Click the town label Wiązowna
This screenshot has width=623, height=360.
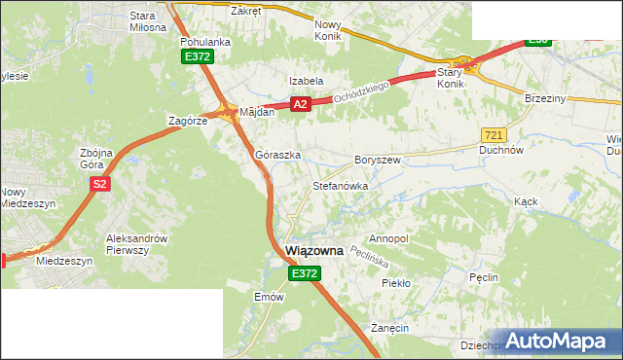[314, 251]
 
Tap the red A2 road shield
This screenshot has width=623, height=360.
[300, 104]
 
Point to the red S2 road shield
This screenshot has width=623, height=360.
[99, 183]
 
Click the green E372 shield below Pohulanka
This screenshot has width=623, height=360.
[196, 57]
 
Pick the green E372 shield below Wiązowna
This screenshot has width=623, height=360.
[303, 274]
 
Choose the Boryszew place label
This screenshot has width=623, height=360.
[378, 159]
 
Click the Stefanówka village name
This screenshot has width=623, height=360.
[339, 184]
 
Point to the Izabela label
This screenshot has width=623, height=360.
[306, 81]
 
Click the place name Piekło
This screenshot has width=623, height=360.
[396, 283]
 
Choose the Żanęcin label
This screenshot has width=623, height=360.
[390, 329]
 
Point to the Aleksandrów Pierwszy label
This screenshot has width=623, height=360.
[137, 244]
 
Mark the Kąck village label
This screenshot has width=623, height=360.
[526, 200]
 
